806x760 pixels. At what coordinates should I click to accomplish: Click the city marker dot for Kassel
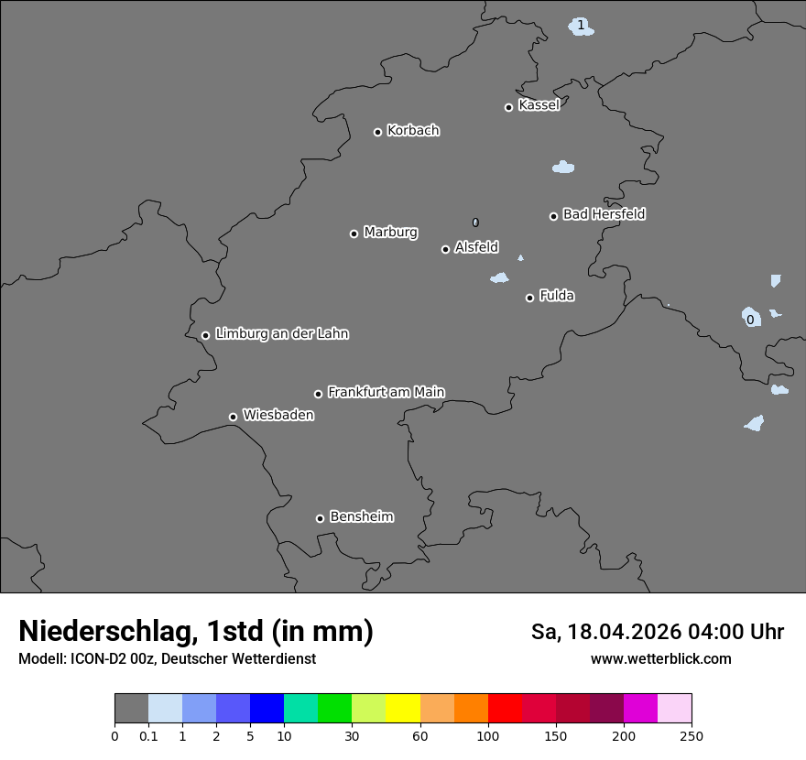(x=508, y=107)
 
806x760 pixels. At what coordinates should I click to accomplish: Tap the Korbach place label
(x=413, y=131)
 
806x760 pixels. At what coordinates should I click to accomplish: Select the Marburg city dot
(x=354, y=233)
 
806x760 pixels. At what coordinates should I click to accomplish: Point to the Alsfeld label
(x=476, y=247)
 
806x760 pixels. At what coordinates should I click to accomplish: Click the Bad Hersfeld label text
(x=604, y=214)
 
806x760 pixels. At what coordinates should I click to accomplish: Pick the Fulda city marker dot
(x=529, y=298)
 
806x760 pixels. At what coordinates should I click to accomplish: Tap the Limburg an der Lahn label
(x=281, y=333)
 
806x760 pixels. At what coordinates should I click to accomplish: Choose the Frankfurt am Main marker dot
(x=318, y=394)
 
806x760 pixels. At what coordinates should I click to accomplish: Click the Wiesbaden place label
(x=278, y=416)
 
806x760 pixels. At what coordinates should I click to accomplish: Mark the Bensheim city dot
(x=320, y=518)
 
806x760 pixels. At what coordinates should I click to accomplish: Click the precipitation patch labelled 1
(x=581, y=26)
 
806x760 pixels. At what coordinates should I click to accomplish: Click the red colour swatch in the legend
(x=505, y=709)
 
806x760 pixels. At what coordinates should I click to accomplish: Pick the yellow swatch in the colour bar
(x=403, y=709)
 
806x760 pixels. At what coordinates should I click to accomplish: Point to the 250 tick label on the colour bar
(x=692, y=736)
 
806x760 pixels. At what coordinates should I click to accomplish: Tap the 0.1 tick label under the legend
(x=147, y=736)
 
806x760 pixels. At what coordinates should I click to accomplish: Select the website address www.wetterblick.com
(x=660, y=659)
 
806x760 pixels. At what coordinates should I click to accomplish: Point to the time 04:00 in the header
(x=723, y=632)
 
